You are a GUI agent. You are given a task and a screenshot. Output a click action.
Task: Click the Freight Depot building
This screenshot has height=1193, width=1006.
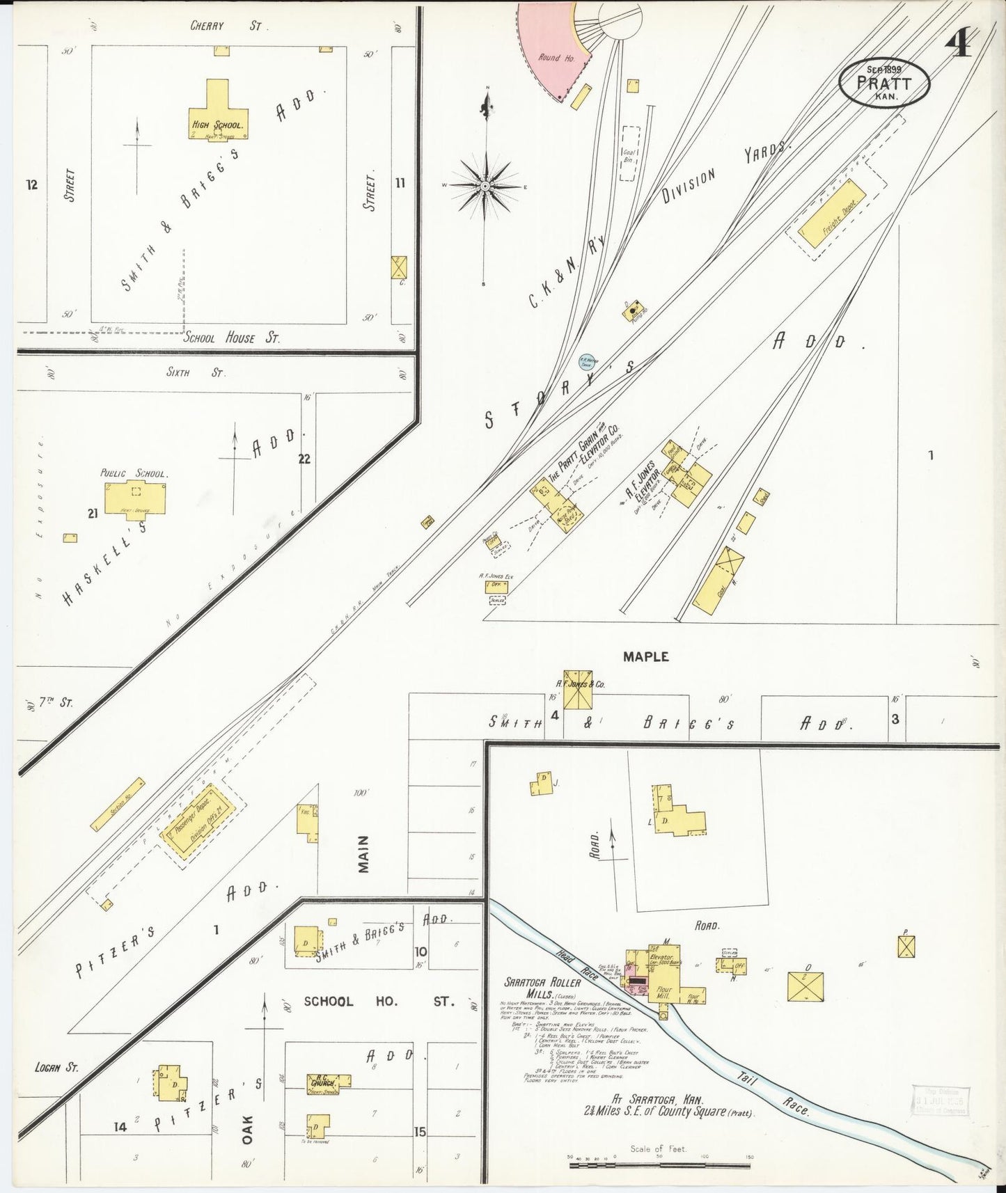tap(832, 215)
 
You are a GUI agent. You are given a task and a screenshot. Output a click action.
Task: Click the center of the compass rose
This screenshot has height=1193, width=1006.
tap(485, 186)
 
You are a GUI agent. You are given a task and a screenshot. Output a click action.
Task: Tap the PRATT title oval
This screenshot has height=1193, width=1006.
tap(884, 82)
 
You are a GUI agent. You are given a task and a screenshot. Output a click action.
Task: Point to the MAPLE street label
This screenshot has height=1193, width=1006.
tap(645, 656)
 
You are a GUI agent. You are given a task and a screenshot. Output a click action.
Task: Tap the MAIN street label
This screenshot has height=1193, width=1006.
tap(363, 853)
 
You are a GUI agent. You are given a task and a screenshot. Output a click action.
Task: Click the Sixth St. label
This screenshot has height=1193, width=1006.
tap(196, 372)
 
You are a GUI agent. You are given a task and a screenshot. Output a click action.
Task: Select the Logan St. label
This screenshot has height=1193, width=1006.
tap(56, 1067)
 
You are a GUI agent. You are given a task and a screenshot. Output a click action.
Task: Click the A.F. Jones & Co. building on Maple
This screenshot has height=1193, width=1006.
tap(577, 690)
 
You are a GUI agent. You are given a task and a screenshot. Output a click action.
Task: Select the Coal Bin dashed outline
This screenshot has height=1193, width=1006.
tap(630, 153)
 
